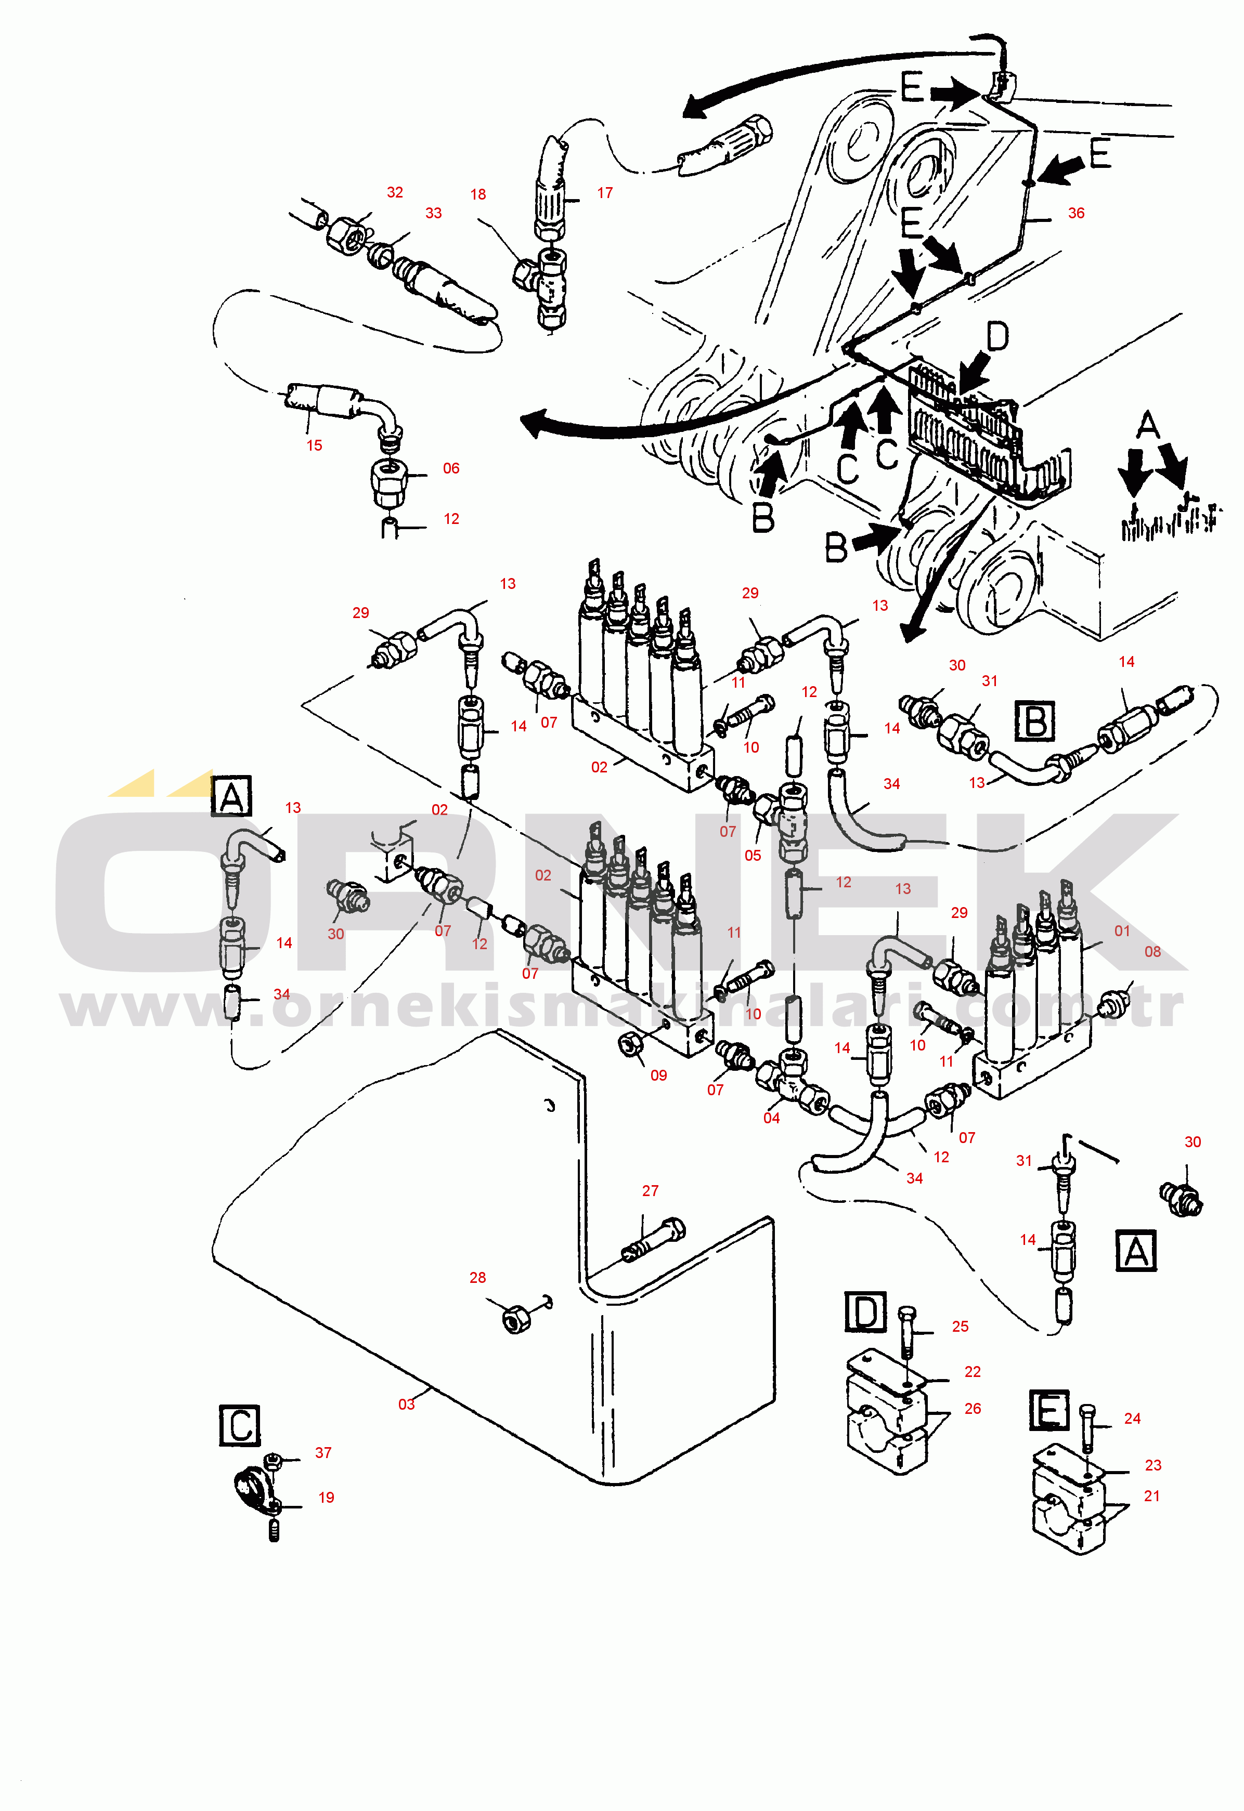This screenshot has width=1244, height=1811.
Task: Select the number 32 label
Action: pyautogui.click(x=395, y=192)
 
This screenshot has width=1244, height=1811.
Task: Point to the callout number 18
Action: pyautogui.click(x=478, y=194)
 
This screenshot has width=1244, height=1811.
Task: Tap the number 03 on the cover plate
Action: pyautogui.click(x=406, y=1404)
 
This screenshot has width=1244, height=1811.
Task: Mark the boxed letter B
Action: pyautogui.click(x=1035, y=721)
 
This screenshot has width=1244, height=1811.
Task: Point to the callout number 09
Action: pyautogui.click(x=658, y=1075)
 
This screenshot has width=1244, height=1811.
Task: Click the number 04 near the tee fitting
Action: pyautogui.click(x=772, y=1118)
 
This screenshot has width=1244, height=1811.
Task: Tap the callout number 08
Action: pyautogui.click(x=1153, y=951)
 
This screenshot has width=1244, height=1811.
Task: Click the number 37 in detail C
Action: pyautogui.click(x=323, y=1452)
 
